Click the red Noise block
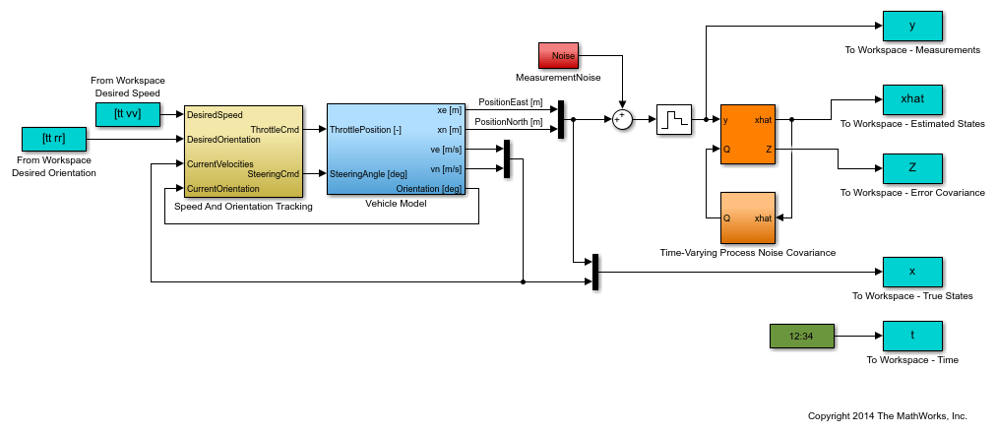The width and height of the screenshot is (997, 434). point(558,56)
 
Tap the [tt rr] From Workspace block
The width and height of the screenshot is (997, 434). point(52,138)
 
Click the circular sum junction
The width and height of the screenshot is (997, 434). point(621,119)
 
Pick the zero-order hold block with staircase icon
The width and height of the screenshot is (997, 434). point(675,119)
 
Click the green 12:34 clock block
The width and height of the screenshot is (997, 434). point(801,336)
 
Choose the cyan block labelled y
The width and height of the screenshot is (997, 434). point(912,26)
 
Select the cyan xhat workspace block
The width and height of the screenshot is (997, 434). point(912,99)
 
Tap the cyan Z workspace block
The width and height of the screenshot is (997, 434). point(912,168)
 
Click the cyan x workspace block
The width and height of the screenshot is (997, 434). point(912,272)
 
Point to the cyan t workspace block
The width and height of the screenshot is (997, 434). point(912,336)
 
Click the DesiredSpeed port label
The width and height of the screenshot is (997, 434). point(215,115)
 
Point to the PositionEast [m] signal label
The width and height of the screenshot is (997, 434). point(510,101)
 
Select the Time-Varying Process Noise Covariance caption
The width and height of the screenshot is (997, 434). point(747,253)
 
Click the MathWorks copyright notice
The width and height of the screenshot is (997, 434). point(887,416)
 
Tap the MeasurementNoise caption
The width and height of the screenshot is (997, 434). point(558,77)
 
